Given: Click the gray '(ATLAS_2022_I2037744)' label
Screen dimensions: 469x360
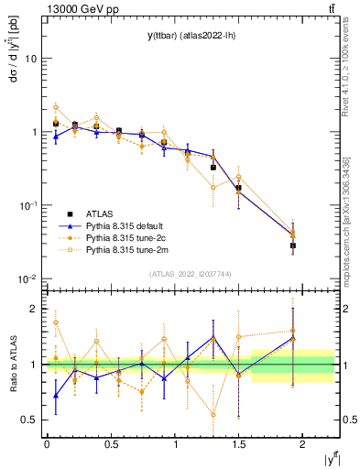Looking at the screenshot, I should point(191,273).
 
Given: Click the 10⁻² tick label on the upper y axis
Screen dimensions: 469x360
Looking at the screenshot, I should point(27,279).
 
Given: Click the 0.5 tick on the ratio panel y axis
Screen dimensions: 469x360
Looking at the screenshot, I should point(29,420).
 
